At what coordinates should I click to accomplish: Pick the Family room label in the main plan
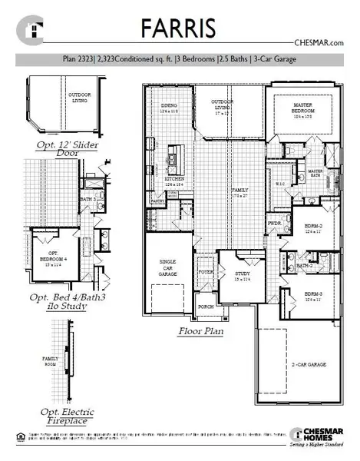(242, 192)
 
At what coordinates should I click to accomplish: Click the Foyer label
(205, 271)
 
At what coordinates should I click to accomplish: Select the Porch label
(205, 304)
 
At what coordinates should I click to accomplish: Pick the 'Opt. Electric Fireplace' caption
(64, 416)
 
